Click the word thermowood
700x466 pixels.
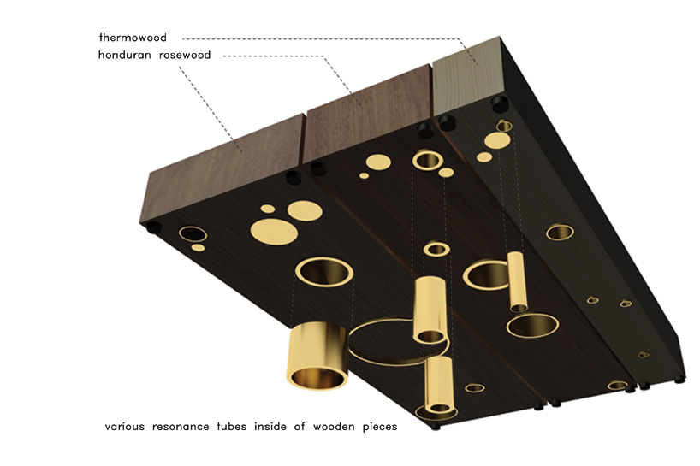(133, 38)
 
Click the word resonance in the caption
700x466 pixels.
(181, 427)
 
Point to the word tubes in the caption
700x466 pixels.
(232, 427)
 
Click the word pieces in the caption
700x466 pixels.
(379, 427)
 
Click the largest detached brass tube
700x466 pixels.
(317, 356)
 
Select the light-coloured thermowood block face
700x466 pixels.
(468, 76)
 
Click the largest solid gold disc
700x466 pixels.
(274, 232)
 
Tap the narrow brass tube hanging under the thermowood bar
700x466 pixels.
(517, 281)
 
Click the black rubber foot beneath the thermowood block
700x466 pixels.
(500, 104)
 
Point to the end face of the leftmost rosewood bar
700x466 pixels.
(224, 168)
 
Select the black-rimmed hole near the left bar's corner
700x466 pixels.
(193, 234)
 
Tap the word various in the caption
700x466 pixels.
(125, 427)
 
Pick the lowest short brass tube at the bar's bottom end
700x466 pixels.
(440, 385)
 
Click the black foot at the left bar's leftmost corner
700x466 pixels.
(153, 227)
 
